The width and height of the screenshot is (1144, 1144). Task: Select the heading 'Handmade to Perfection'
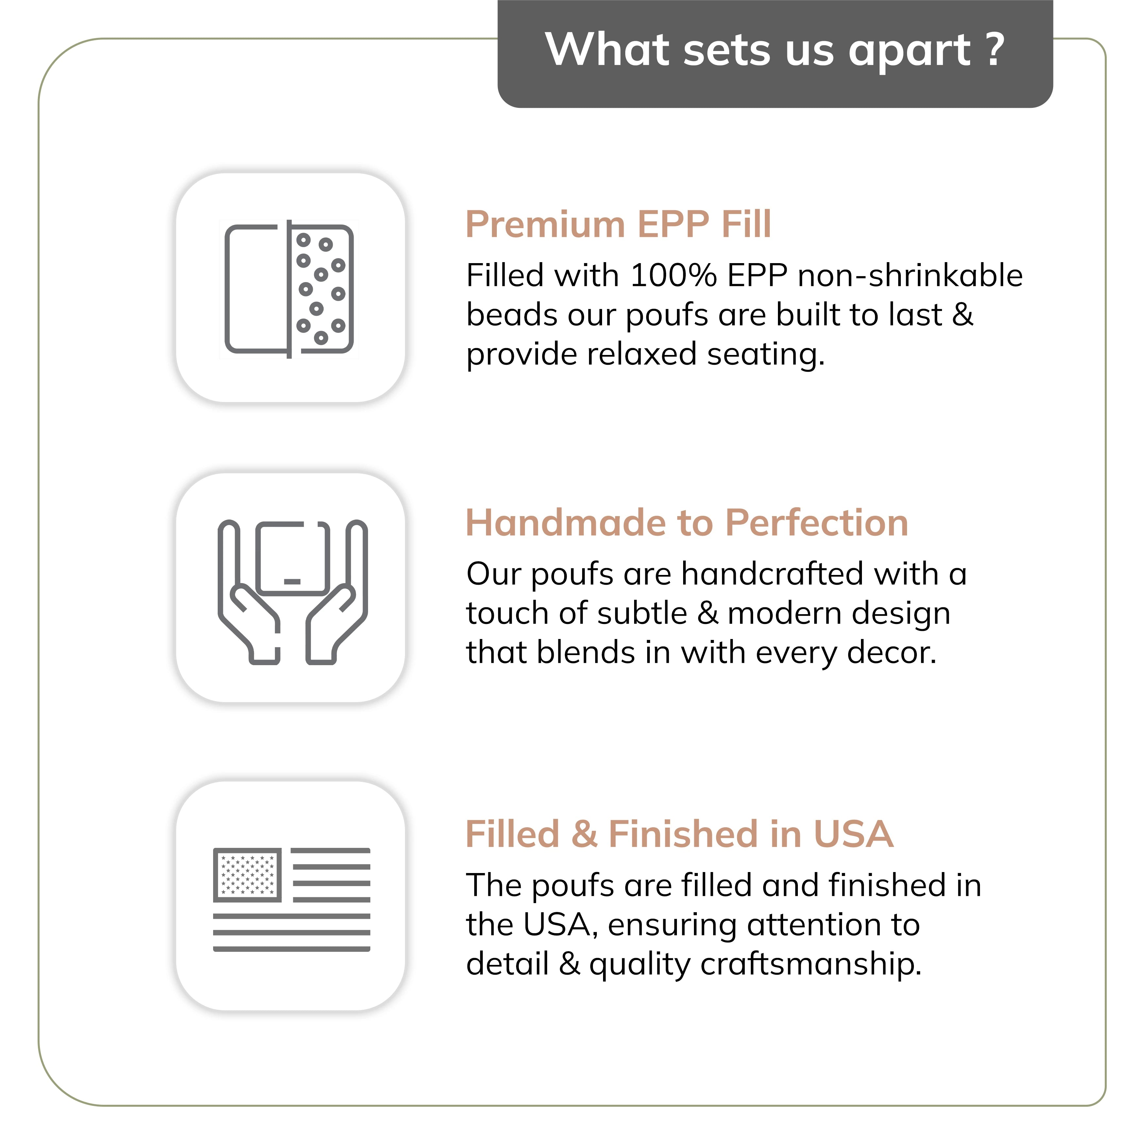[686, 523]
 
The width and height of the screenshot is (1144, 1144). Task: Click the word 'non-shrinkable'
[910, 276]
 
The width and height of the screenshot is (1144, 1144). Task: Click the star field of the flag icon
[247, 875]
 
